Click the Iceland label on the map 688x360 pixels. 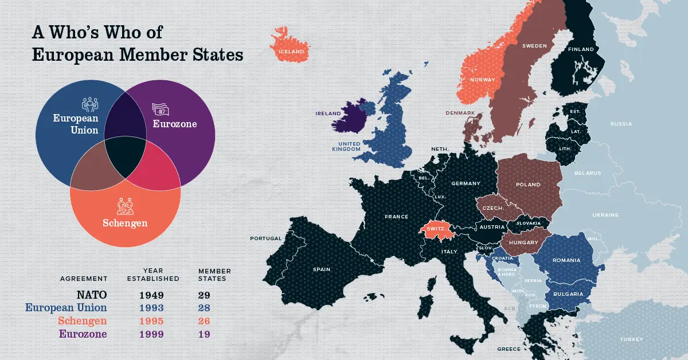(291, 52)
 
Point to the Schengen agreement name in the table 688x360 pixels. (82, 321)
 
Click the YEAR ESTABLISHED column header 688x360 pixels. (153, 275)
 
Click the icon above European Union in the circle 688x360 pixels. (91, 104)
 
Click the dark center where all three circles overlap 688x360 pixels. (125, 157)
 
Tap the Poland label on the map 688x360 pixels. (528, 185)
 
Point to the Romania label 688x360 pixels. (566, 260)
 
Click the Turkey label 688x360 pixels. (631, 339)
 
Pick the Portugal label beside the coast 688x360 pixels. (265, 238)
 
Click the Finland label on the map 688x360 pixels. (581, 49)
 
